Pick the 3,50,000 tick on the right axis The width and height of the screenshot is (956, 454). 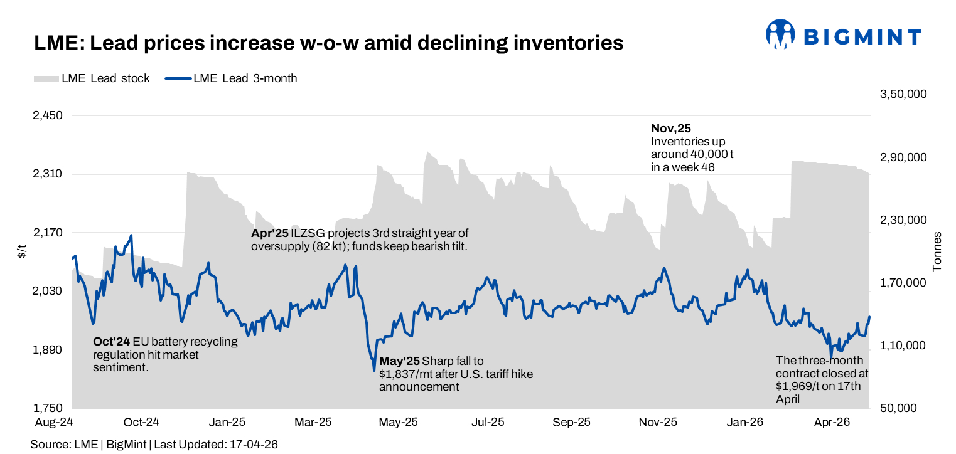(x=903, y=94)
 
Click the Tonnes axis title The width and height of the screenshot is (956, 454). (x=938, y=251)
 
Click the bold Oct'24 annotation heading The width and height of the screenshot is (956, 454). (x=111, y=342)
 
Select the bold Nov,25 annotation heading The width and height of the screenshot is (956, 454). (x=670, y=129)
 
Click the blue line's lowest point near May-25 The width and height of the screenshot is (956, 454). (x=374, y=370)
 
